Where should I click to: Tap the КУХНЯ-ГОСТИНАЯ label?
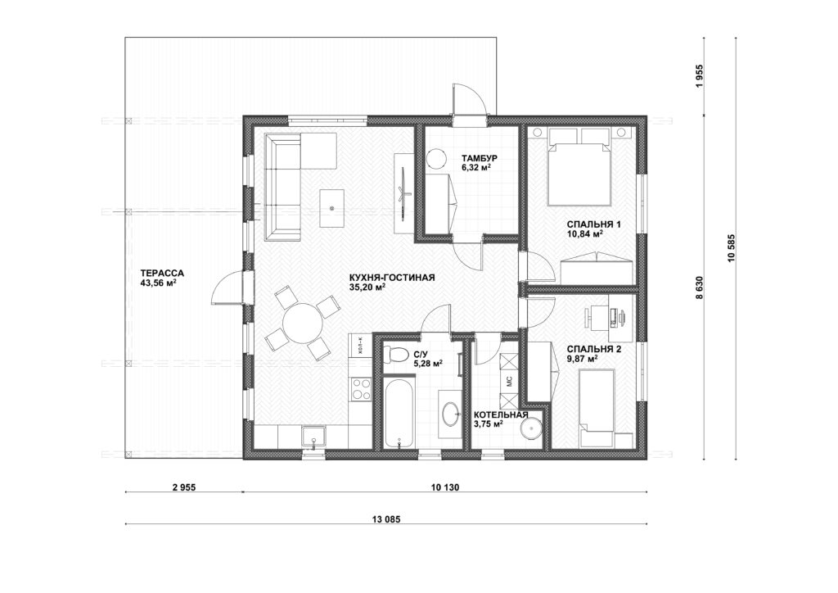tap(392, 278)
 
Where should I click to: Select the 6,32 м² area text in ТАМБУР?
tap(476, 167)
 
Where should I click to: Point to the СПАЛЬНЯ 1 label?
tap(593, 224)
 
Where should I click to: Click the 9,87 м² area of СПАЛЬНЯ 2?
tap(583, 359)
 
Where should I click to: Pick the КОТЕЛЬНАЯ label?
tap(501, 415)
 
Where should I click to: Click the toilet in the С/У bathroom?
tap(396, 354)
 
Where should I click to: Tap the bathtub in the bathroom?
tap(399, 414)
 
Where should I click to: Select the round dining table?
tap(303, 323)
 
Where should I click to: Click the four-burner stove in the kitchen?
tap(360, 388)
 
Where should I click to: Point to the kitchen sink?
tap(313, 437)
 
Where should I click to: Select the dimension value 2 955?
tap(184, 487)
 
